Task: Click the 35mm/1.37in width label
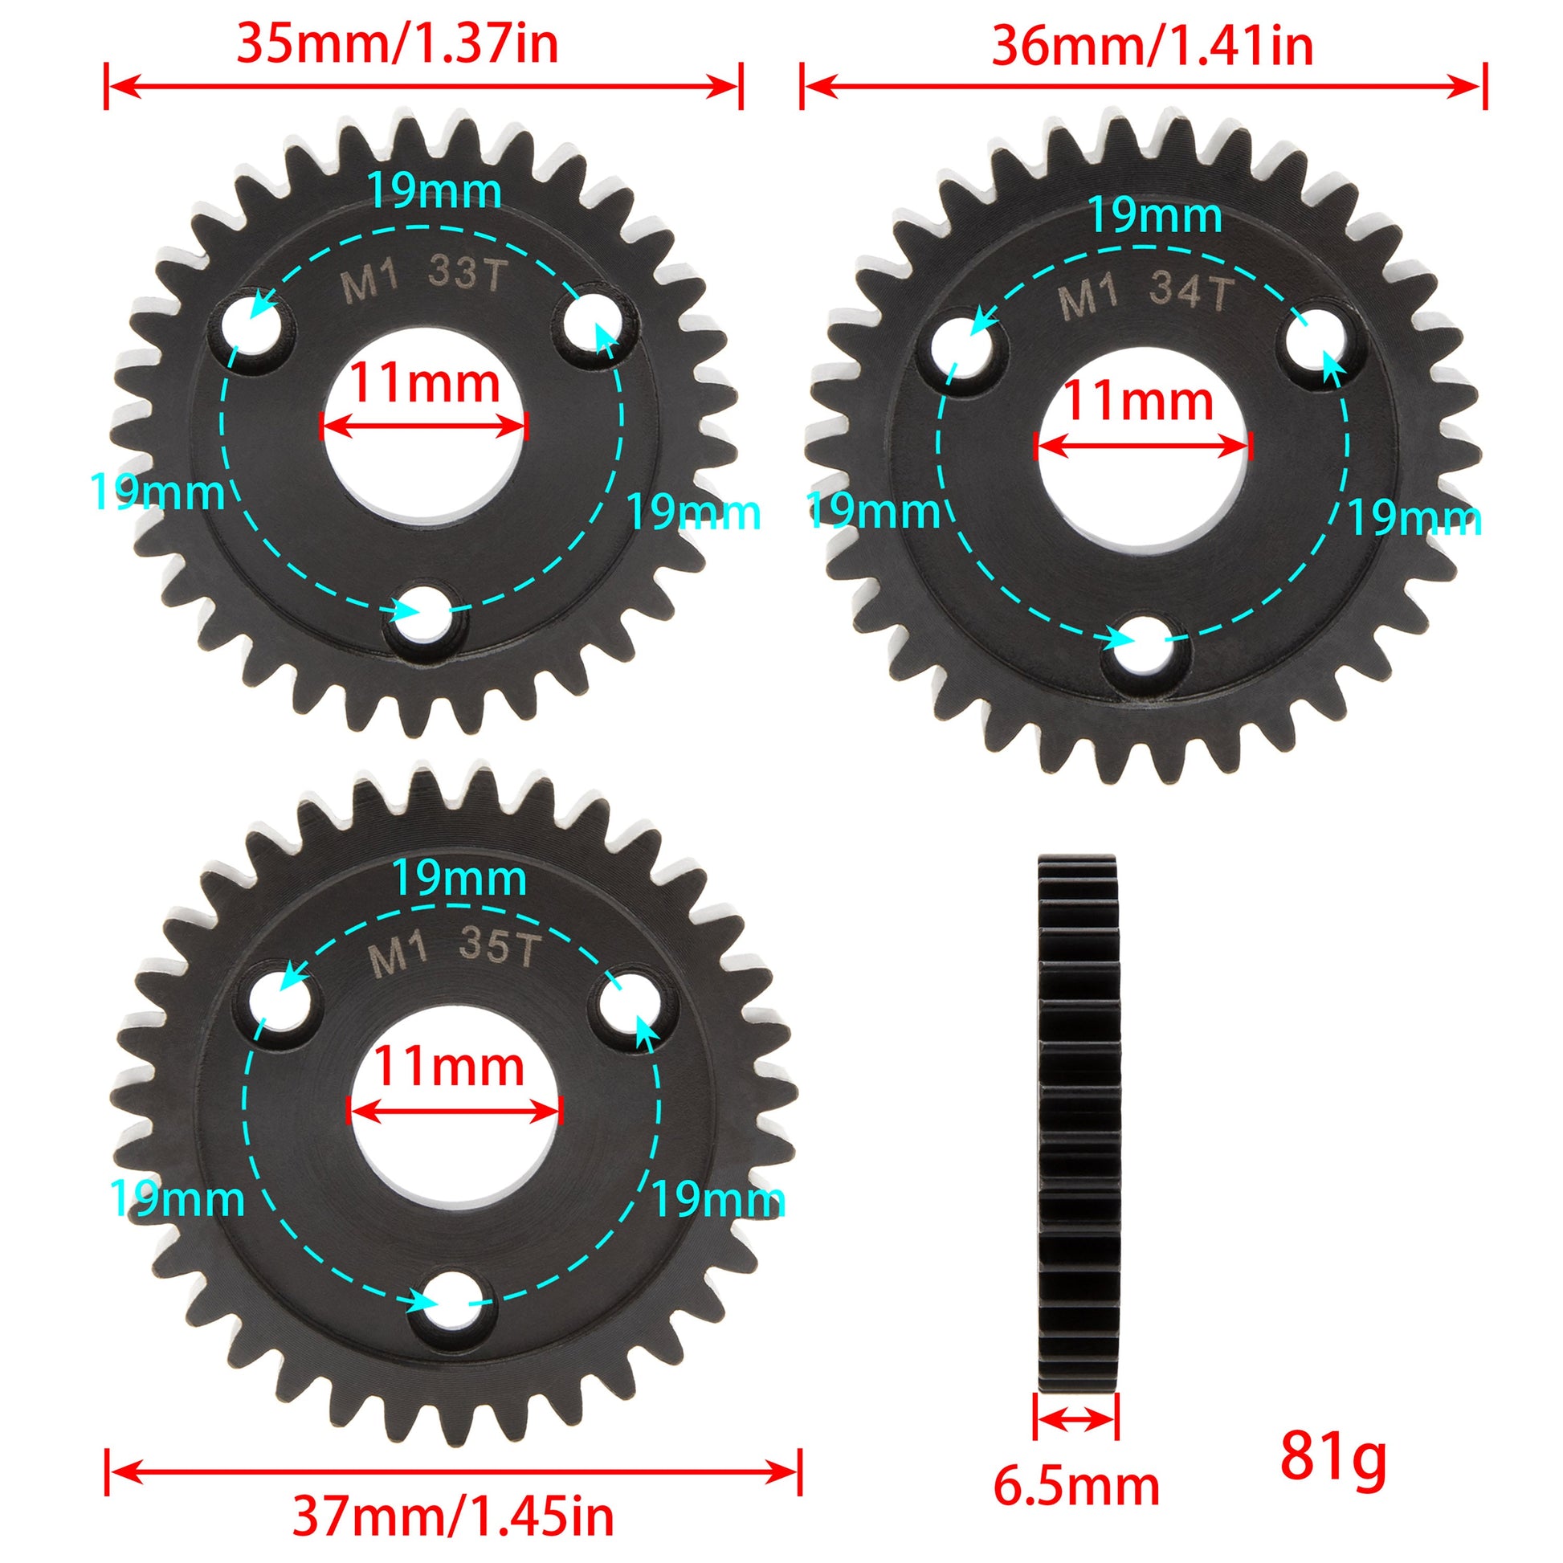(x=397, y=44)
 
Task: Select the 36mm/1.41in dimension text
(x=1152, y=46)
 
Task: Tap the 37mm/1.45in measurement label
(x=452, y=1517)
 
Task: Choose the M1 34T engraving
(x=1146, y=296)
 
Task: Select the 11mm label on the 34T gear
(x=1138, y=402)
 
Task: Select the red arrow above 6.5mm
(x=1077, y=1418)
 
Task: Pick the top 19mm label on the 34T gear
(x=1155, y=215)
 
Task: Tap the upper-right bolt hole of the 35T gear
(x=634, y=1004)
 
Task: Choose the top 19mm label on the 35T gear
(x=459, y=879)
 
